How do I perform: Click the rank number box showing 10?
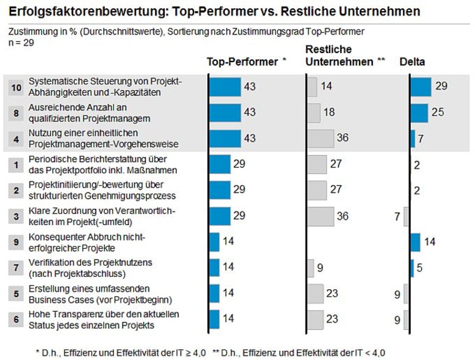point(16,87)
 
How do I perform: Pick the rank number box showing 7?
point(16,267)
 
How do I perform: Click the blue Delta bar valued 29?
point(421,87)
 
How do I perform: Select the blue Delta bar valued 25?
point(419,112)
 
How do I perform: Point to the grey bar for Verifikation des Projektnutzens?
point(310,267)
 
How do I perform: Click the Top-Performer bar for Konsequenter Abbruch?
point(214,242)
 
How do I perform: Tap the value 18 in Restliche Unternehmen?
point(329,112)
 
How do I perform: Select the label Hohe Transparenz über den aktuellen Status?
point(104,319)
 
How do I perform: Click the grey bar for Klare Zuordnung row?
point(320,216)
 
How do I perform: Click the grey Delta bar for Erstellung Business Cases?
point(406,293)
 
